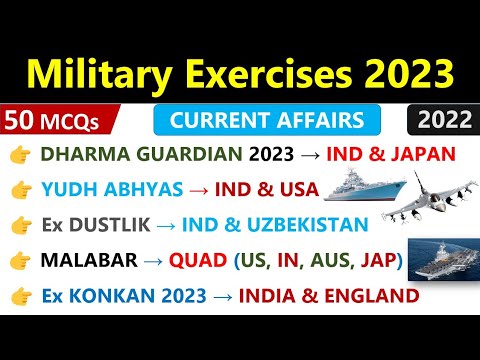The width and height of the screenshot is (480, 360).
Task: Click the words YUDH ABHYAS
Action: pyautogui.click(x=107, y=189)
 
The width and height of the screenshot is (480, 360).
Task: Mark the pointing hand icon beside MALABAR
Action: pyautogui.click(x=19, y=261)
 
